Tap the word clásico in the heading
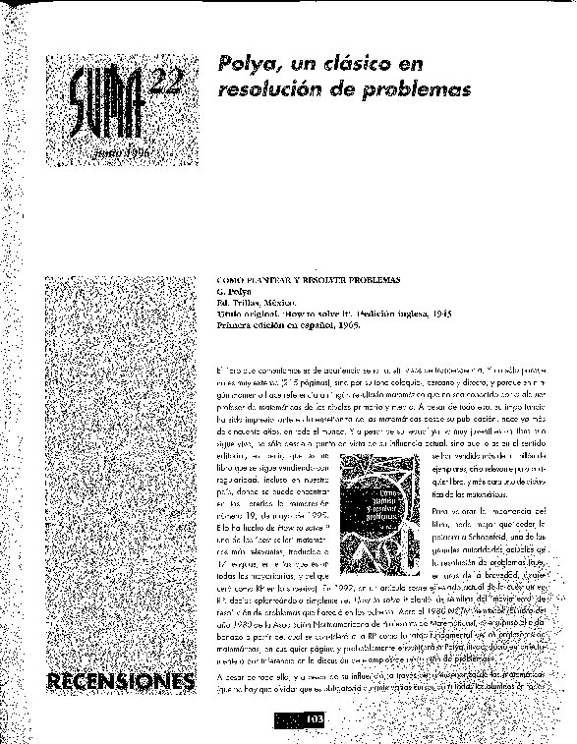pos(343,65)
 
